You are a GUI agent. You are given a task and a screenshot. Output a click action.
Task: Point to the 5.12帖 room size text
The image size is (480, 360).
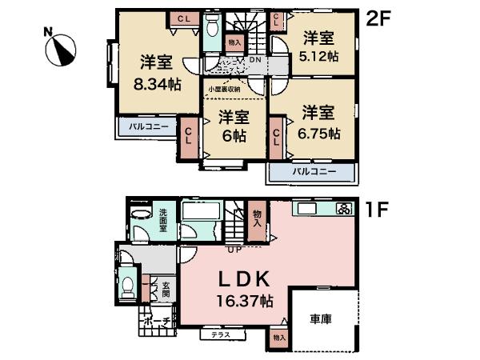pos(318,57)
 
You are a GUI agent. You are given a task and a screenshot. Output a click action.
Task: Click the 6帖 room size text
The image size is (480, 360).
pos(234,134)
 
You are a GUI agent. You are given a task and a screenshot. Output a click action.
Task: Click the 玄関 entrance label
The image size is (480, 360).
pos(166,289)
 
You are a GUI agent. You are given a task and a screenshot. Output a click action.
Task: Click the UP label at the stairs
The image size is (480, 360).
pos(234,250)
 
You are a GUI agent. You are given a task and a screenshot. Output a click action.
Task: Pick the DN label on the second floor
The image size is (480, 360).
pos(255,61)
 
